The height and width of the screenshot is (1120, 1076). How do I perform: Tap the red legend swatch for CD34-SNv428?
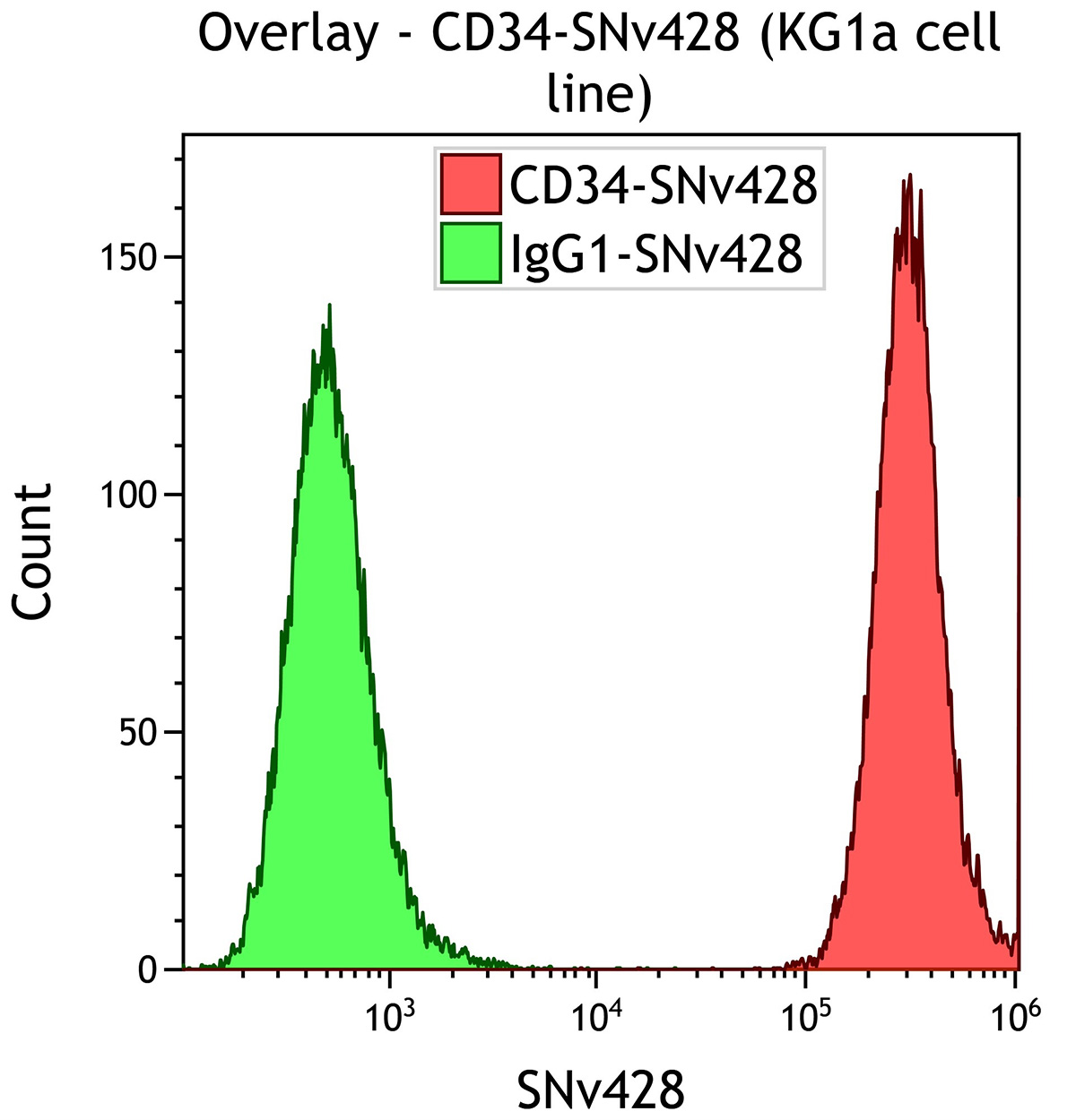click(x=470, y=184)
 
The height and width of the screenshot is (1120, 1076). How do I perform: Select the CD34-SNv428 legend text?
click(x=663, y=185)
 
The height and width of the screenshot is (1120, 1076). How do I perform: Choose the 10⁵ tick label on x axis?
click(x=805, y=1015)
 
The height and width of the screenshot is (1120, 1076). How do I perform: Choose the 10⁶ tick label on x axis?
click(x=1013, y=1015)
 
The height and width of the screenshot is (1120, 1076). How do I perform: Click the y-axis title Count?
click(x=34, y=552)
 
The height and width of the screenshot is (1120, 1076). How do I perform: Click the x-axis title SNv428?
click(x=600, y=1090)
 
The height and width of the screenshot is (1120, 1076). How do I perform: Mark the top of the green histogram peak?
click(x=329, y=306)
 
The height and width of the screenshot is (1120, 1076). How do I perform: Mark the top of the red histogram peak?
click(x=909, y=177)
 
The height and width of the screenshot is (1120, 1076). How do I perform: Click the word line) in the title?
click(x=599, y=93)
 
